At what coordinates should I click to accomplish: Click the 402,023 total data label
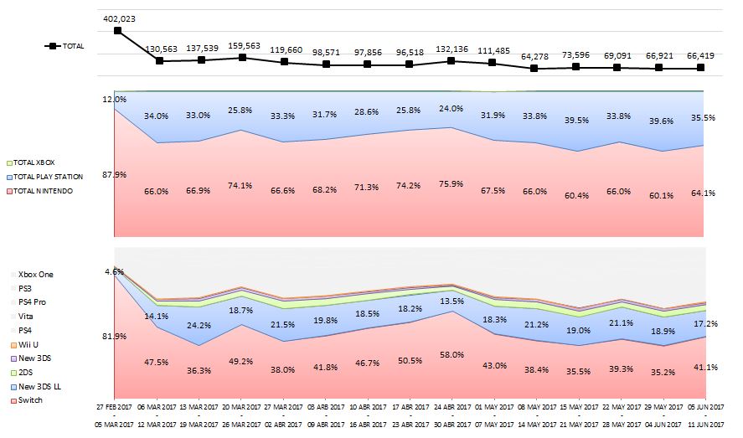(x=118, y=18)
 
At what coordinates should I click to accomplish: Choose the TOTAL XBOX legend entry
(x=38, y=162)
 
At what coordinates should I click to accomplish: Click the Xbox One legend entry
(x=34, y=274)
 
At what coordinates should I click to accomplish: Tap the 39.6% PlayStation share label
(x=659, y=121)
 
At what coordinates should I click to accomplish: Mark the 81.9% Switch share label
(x=114, y=338)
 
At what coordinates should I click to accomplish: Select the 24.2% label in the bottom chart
(x=199, y=326)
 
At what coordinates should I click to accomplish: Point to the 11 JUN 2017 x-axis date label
(x=701, y=424)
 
